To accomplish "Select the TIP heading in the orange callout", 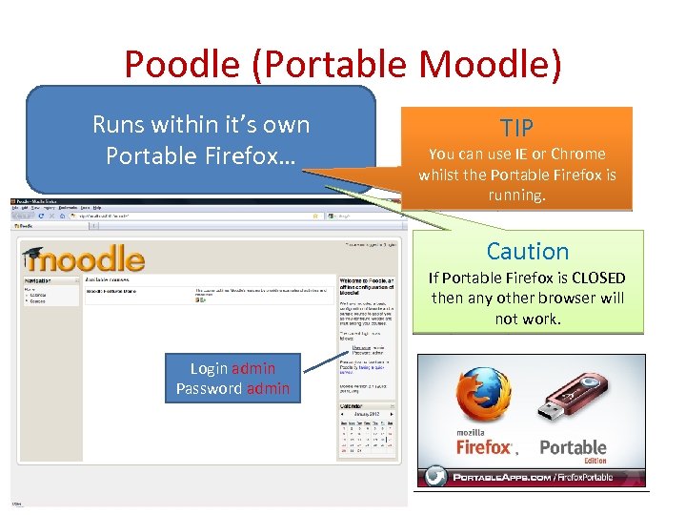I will (517, 128).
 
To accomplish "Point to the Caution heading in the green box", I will (527, 252).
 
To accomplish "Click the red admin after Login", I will (253, 368).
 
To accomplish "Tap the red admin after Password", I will (268, 388).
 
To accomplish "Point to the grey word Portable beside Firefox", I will (573, 446).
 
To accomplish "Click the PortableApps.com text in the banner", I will (506, 476).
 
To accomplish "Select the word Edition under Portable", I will (595, 461).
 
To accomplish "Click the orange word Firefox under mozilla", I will (485, 446).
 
